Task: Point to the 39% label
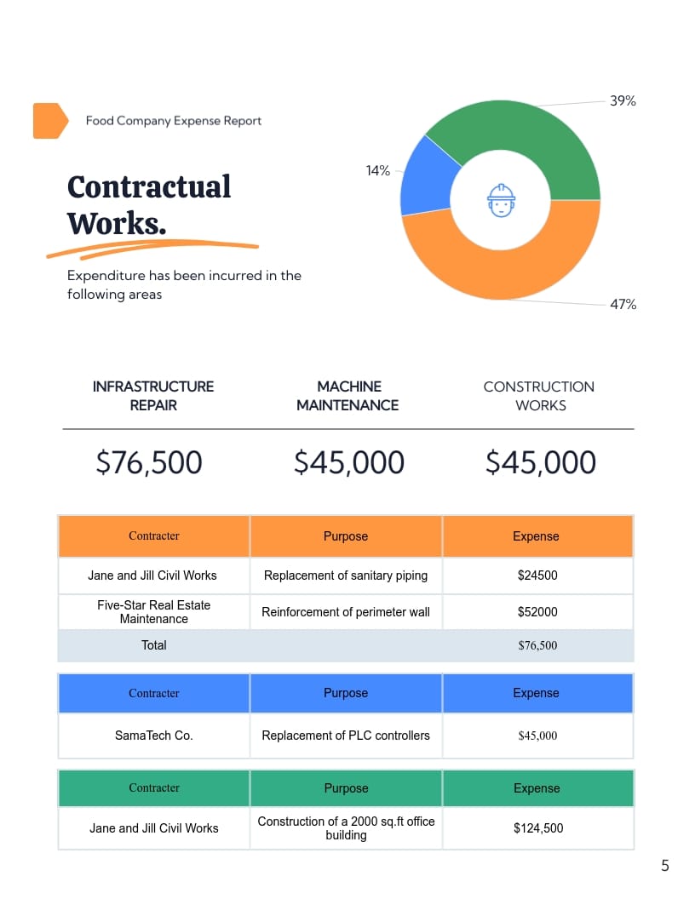[623, 101]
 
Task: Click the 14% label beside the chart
[377, 171]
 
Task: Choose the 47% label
[623, 305]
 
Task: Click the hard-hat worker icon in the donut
[501, 201]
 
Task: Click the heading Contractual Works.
[148, 204]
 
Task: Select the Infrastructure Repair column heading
[153, 396]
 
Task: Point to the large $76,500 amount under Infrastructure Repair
[149, 462]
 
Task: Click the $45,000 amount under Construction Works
[541, 462]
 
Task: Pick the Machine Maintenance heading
[347, 396]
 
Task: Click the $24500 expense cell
[537, 575]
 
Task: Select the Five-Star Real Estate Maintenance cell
[153, 611]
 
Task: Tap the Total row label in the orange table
[153, 645]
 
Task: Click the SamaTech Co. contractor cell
[153, 736]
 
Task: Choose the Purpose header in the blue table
[346, 693]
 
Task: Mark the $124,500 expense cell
[537, 828]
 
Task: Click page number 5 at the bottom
[665, 867]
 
